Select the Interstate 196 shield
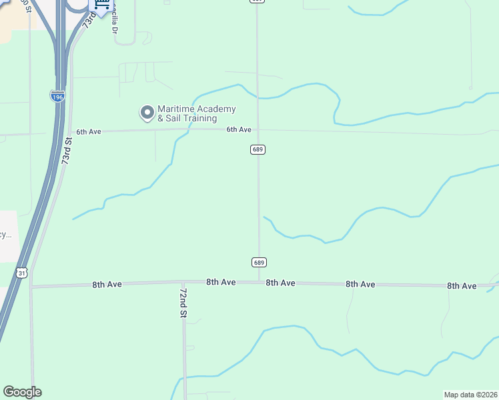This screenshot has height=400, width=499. [58, 97]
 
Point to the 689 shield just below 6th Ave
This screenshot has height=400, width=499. [259, 149]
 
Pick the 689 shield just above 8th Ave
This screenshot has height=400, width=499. [260, 262]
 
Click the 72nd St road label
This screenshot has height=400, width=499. [182, 303]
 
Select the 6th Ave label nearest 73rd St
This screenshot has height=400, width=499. [88, 131]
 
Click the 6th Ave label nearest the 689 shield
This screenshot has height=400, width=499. [238, 129]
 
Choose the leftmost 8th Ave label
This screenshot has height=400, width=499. [107, 285]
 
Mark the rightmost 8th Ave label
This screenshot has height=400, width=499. [462, 285]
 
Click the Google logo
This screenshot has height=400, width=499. [22, 392]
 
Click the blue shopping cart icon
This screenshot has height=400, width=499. [101, 5]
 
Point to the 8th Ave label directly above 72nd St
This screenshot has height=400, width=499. [221, 283]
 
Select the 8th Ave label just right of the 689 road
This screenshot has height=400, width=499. [280, 283]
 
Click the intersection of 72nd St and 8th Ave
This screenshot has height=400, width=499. [183, 283]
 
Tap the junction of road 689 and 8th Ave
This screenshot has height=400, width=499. [260, 282]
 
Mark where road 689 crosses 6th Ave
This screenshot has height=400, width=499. [259, 130]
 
